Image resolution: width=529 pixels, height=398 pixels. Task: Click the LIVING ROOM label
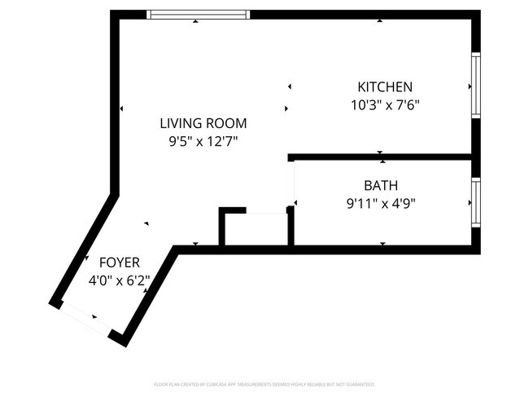(x=203, y=123)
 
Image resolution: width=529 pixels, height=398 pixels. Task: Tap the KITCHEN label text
(x=386, y=87)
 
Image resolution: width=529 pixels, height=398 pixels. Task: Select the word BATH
(x=381, y=185)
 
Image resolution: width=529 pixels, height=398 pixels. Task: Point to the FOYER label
(x=120, y=263)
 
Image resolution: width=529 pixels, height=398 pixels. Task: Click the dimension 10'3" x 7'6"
(x=385, y=104)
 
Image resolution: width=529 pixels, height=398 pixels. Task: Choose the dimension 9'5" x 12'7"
(x=203, y=141)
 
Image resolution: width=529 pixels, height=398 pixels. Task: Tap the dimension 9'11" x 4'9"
(x=381, y=203)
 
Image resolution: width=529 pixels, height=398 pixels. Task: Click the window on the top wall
(x=199, y=15)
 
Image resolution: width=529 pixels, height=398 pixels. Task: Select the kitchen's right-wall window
(x=476, y=86)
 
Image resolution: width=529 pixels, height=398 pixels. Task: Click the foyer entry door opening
(x=85, y=319)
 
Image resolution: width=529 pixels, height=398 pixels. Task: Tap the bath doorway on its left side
(x=293, y=184)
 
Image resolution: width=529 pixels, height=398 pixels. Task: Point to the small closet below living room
(x=255, y=228)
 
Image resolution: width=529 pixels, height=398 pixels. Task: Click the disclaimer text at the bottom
(x=264, y=384)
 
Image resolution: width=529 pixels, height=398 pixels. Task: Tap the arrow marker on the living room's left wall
(x=121, y=108)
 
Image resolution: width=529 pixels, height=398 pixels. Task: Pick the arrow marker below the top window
(x=195, y=21)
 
